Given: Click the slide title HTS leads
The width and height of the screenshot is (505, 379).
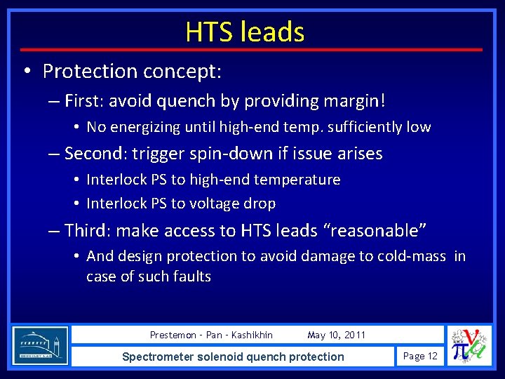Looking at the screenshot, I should click(245, 32).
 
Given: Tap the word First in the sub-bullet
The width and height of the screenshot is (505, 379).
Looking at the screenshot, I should click(83, 101).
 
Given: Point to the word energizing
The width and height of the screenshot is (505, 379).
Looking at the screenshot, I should click(144, 128).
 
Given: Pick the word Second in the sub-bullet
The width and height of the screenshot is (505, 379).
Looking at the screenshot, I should click(95, 154).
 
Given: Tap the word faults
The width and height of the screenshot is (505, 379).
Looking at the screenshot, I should click(189, 277).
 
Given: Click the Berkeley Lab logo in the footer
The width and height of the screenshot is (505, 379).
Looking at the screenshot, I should click(40, 345).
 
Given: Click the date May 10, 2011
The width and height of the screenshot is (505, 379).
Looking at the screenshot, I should click(336, 335).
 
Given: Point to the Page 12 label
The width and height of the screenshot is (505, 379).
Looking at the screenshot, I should click(420, 357).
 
